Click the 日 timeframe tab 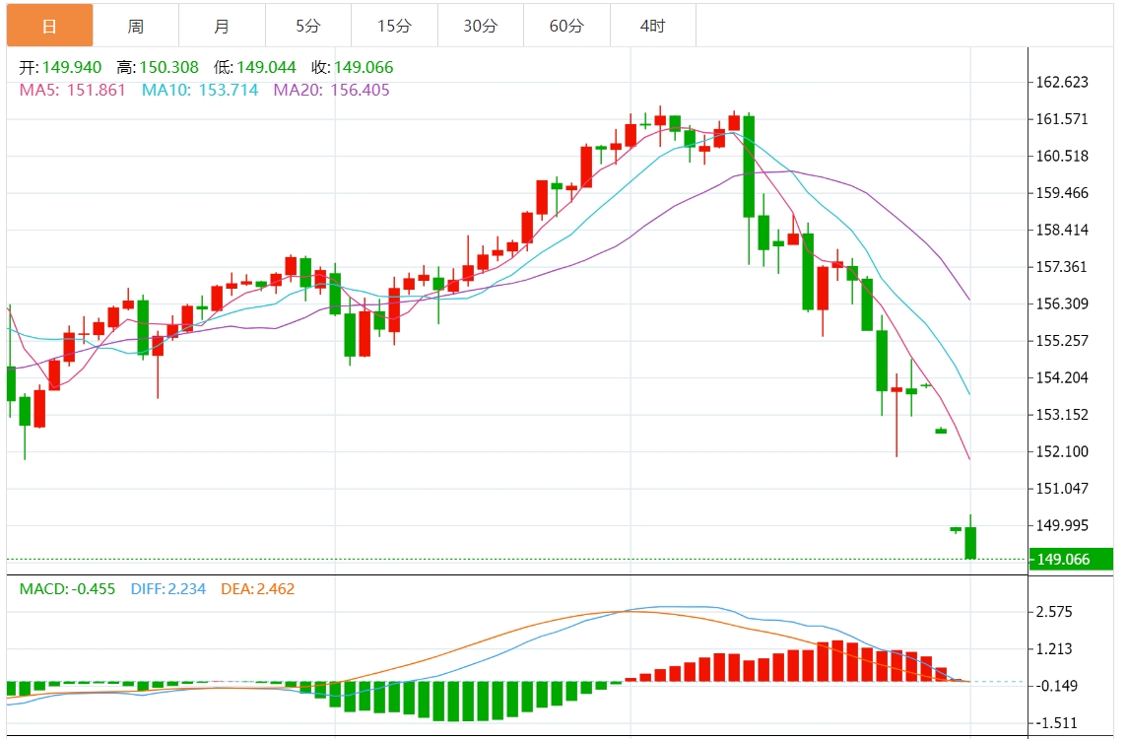[49, 26]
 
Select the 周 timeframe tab [136, 26]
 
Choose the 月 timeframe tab [222, 26]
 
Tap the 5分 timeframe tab [308, 26]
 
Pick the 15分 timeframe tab [394, 26]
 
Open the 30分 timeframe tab [481, 26]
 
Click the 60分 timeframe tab [566, 26]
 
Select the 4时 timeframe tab [652, 26]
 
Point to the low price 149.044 [269, 68]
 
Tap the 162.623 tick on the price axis [1061, 83]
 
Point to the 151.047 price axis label [1061, 489]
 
